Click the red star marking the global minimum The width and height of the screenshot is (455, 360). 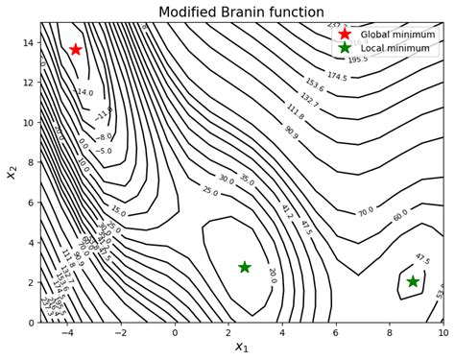click(x=76, y=49)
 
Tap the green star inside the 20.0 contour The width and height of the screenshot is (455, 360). click(x=245, y=267)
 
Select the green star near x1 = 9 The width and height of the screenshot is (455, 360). click(x=413, y=281)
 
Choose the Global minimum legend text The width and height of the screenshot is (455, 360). click(x=397, y=35)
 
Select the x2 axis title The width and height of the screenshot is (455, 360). click(x=11, y=172)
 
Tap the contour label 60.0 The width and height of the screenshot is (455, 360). click(x=400, y=217)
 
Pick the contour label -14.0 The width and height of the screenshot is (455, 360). click(x=84, y=93)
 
